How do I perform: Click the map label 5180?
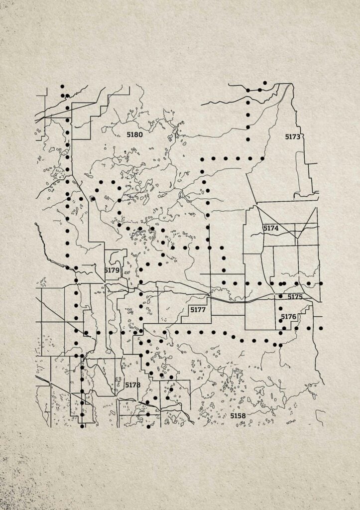[134, 134]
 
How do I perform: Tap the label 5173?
[293, 136]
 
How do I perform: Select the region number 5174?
[271, 228]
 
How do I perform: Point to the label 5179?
[112, 270]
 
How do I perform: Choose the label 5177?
[198, 310]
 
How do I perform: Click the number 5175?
[295, 297]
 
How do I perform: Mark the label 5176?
[288, 317]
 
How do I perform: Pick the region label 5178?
[133, 385]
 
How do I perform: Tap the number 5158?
[238, 415]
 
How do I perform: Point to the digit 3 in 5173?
[298, 136]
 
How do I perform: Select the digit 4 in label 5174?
[276, 228]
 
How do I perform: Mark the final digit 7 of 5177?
[203, 310]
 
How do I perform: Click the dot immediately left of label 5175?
[281, 296]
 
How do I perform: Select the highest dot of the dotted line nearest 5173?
[265, 83]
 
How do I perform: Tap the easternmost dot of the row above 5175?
[321, 283]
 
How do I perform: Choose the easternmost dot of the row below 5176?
[321, 328]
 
